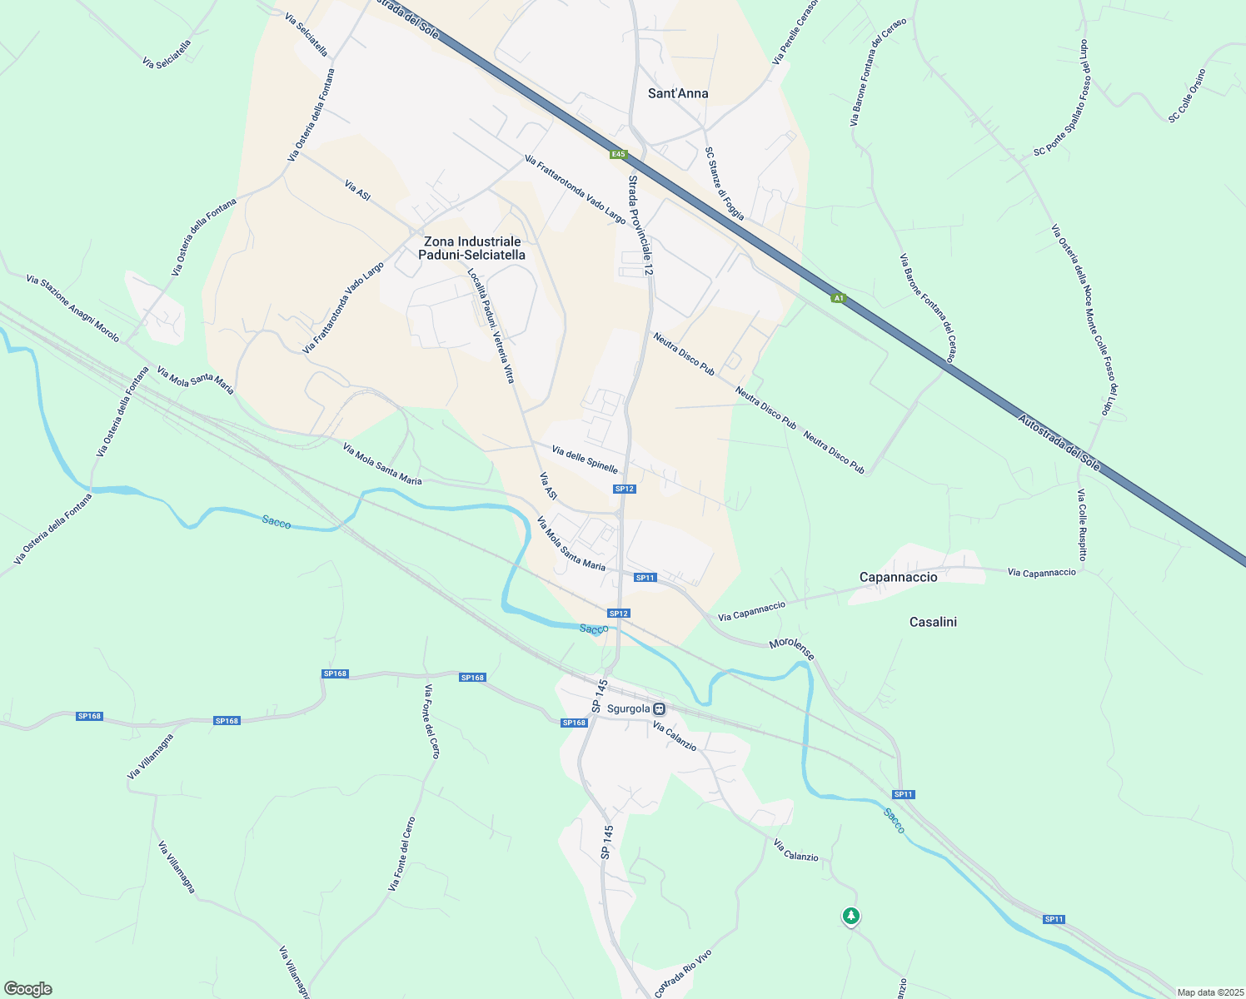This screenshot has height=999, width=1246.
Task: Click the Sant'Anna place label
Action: click(x=678, y=93)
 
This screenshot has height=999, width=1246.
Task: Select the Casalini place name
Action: click(x=933, y=622)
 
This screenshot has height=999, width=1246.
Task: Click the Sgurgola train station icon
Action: click(x=659, y=709)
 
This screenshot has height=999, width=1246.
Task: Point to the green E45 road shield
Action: click(x=617, y=154)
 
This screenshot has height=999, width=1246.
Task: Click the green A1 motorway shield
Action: click(x=839, y=297)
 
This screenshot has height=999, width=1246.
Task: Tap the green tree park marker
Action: click(x=850, y=916)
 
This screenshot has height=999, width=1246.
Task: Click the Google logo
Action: click(x=27, y=989)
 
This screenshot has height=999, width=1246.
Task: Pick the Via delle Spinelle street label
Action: click(x=585, y=458)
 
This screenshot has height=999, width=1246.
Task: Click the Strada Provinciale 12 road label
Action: click(x=640, y=226)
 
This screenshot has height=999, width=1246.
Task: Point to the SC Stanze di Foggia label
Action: click(x=725, y=183)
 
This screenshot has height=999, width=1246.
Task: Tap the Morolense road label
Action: click(x=791, y=649)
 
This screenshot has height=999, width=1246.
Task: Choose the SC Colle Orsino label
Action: click(x=1187, y=96)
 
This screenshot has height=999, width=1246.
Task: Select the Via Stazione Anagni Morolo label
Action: click(x=72, y=309)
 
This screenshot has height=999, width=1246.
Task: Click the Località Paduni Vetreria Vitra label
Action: click(x=491, y=326)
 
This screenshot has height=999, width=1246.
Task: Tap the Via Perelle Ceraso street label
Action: click(x=795, y=32)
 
